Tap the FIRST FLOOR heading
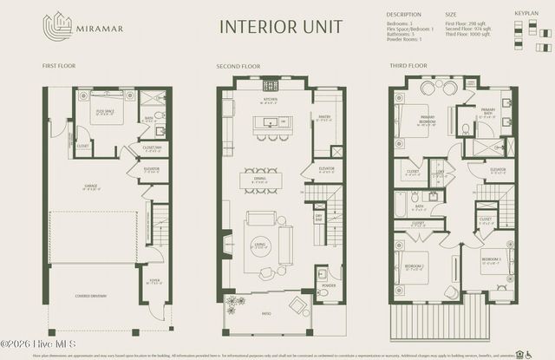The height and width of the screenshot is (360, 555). (57, 66)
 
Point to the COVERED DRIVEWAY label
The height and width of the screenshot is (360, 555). (90, 296)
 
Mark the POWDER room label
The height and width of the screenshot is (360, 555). (328, 285)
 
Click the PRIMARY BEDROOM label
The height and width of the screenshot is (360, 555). (427, 121)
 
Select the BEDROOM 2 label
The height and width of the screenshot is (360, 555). (414, 265)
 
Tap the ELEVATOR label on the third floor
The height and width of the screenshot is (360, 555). (498, 169)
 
